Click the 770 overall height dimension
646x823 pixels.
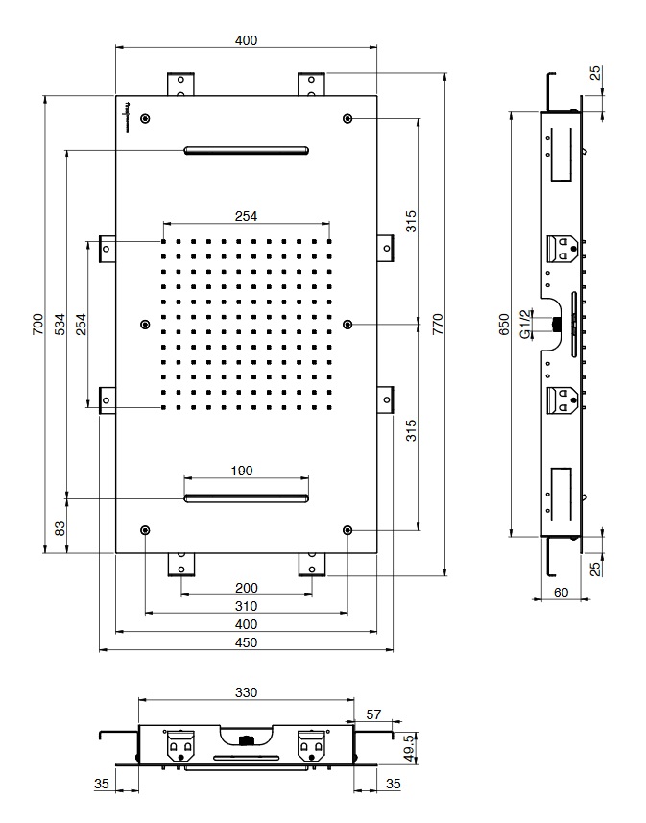pos(439,324)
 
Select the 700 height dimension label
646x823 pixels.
pos(37,325)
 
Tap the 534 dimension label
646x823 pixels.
pos(60,325)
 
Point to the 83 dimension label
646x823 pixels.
pos(60,528)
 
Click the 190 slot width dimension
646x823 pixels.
pos(242,471)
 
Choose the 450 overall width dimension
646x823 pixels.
pos(246,642)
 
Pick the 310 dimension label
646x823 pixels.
pos(246,606)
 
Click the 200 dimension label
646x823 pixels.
pos(246,588)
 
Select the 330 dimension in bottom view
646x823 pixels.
pos(246,692)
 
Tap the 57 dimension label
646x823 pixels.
pos(373,714)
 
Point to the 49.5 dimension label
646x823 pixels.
pos(410,748)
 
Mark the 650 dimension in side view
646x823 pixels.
pos(504,325)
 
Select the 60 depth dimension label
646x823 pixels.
pos(561,593)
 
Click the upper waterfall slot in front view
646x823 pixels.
pos(246,150)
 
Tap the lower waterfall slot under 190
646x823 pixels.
pos(246,498)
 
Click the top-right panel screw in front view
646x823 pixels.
pos(347,119)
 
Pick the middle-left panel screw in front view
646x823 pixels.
pos(145,325)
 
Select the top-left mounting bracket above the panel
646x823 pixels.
pos(180,84)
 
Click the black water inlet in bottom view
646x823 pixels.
pos(246,740)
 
